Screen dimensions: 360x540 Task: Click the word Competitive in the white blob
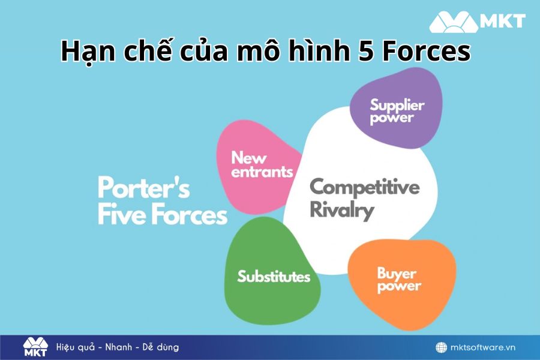click(364, 187)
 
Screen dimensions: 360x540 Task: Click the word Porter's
click(143, 188)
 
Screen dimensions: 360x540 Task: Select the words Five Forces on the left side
click(162, 215)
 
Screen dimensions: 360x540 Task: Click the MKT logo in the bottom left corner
click(35, 347)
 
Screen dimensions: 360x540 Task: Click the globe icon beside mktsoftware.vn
click(441, 347)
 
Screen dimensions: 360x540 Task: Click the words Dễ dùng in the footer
click(161, 347)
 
